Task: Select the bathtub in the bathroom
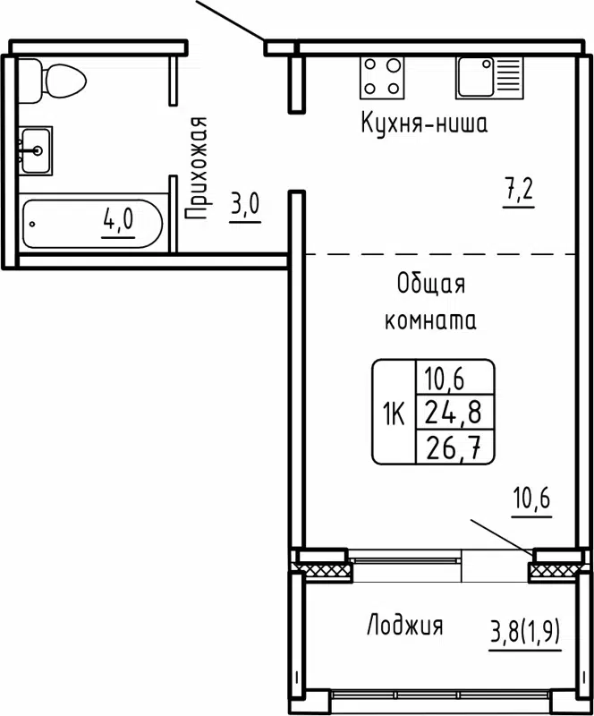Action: coord(93,223)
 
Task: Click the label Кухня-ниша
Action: coord(423,124)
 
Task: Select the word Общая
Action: coord(431,286)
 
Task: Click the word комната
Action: coord(429,321)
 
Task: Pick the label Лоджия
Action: coord(404,626)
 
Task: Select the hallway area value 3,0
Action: coord(244,204)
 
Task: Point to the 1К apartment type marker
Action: coord(394,413)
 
